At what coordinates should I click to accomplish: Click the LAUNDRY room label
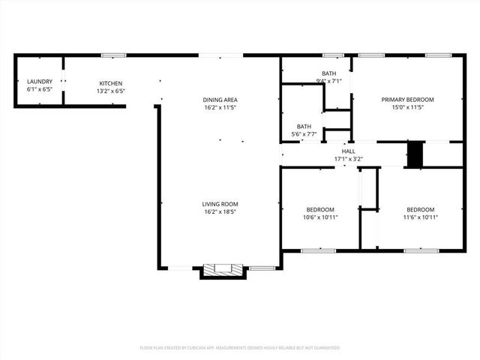tap(40, 81)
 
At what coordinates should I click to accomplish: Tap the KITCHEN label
tap(111, 83)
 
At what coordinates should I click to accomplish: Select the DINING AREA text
tap(220, 100)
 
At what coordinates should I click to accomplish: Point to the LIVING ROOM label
tap(220, 204)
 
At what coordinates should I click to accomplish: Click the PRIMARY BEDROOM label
tap(407, 100)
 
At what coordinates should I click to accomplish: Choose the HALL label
tap(348, 151)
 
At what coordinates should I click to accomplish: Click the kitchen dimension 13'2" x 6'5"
tap(111, 91)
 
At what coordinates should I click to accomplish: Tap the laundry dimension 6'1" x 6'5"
tap(40, 89)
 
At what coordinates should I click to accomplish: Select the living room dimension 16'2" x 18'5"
tap(220, 212)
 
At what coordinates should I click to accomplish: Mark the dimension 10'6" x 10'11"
tap(320, 217)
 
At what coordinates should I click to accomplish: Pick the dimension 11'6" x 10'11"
tap(421, 217)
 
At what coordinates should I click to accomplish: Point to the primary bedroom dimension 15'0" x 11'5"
tap(407, 108)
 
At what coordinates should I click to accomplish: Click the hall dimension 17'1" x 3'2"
tap(348, 159)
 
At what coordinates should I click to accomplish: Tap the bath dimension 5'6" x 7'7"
tap(304, 135)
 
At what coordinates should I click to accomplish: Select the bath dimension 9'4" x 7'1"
tap(328, 81)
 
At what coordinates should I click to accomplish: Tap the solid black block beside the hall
tap(415, 154)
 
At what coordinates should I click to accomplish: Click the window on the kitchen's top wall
tap(113, 55)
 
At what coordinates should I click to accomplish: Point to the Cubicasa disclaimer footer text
tap(240, 348)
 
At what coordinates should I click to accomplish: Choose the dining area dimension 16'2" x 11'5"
tap(220, 108)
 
